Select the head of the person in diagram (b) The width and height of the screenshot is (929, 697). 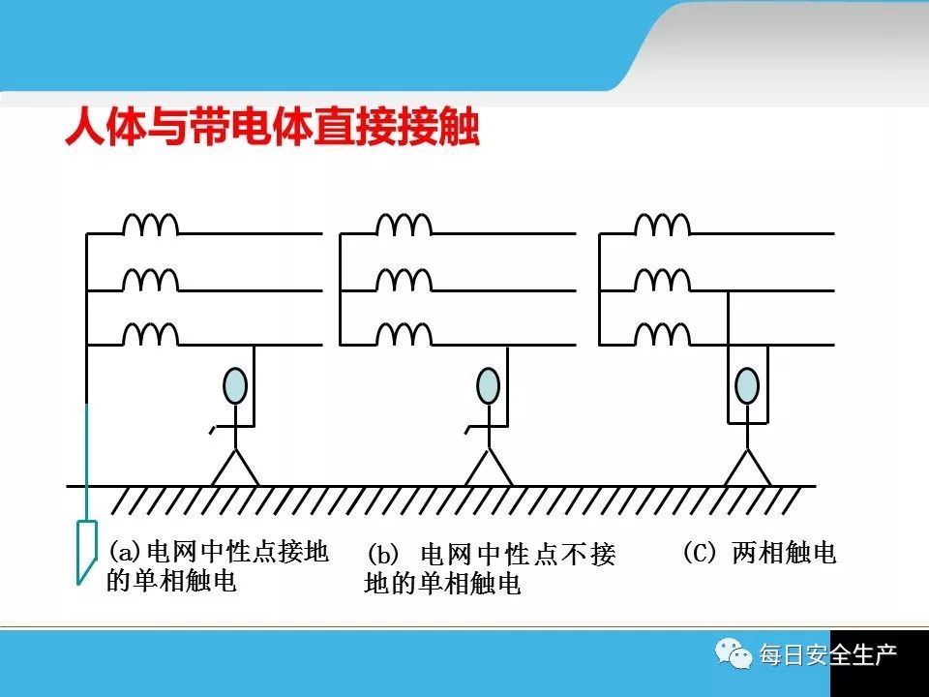coord(490,385)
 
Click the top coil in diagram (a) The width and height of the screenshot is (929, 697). coord(150,226)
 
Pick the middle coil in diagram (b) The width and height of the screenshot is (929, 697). coord(404,281)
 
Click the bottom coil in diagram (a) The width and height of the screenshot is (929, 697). coord(150,335)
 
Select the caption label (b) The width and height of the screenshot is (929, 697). coord(382,556)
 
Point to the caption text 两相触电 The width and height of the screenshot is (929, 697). coord(784,553)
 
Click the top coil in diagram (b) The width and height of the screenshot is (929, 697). coord(404,226)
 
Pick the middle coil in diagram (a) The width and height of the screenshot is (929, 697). coord(150,281)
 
